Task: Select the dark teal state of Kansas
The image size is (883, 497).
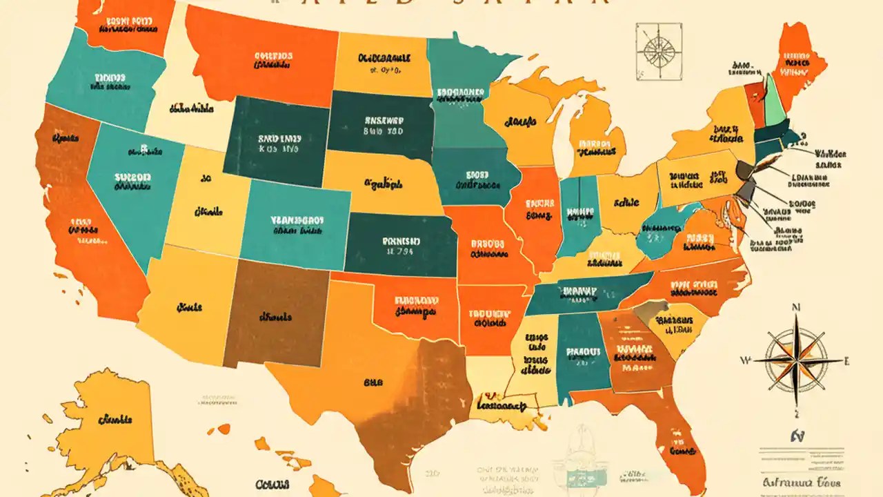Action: coord(400,245)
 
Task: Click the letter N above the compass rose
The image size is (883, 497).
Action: coord(795,308)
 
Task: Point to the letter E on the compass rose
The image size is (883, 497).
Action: coord(847,360)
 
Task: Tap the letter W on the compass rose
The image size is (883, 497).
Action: coord(745,360)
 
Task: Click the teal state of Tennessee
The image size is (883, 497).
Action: coord(586,293)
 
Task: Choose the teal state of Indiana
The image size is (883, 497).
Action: coord(577,214)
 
